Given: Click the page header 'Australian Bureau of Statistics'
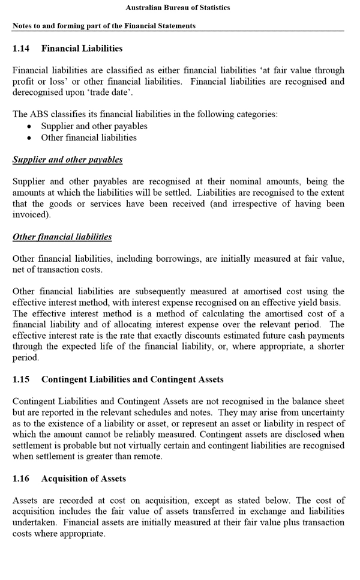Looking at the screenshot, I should (178, 8).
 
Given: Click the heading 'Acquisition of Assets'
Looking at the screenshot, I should (83, 479).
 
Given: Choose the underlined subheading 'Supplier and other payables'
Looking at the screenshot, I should (67, 160).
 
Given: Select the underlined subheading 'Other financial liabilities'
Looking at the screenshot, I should (62, 237).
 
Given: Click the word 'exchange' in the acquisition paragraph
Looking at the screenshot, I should (256, 512).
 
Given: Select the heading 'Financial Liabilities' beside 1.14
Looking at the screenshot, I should (82, 48).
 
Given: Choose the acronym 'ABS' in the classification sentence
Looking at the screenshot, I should (37, 114).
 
